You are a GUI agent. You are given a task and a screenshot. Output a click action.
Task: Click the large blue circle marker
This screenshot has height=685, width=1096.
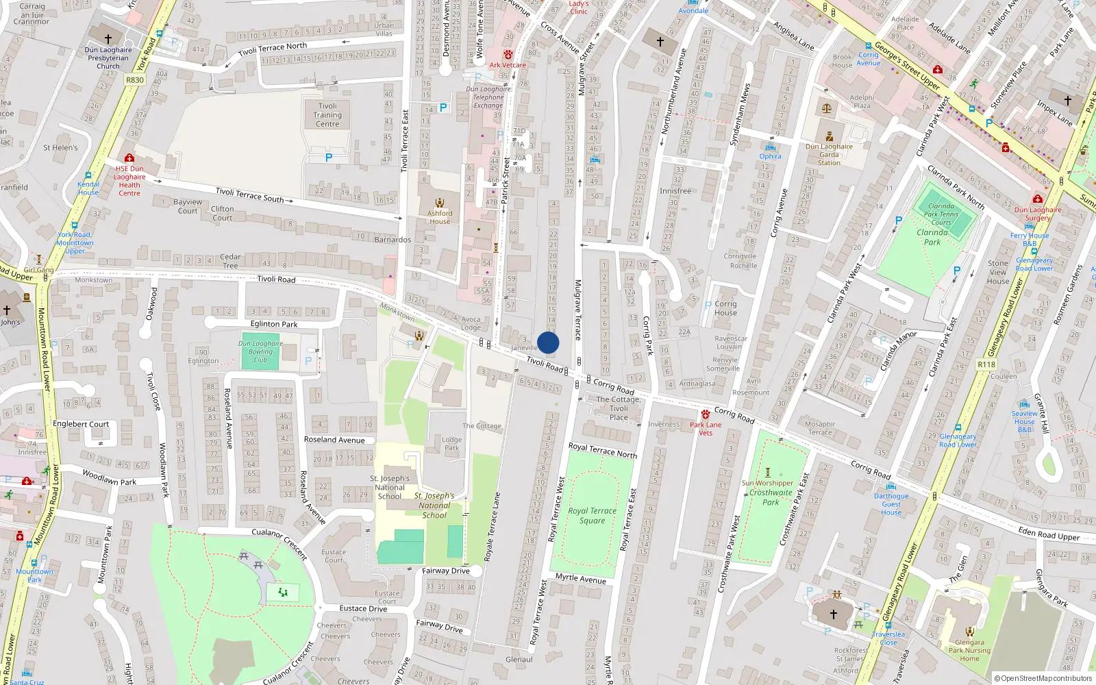click(548, 342)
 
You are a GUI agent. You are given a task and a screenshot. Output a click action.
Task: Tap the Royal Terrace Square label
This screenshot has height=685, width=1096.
click(592, 516)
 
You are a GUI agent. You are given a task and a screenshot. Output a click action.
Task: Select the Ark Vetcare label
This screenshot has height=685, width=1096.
click(508, 65)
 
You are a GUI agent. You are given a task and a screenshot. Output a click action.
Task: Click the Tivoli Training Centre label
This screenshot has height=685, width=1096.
click(327, 115)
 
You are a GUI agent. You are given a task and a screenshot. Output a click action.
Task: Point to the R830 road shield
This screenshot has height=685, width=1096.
click(135, 80)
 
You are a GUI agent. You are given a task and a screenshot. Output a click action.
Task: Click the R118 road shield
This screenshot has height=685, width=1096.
click(986, 364)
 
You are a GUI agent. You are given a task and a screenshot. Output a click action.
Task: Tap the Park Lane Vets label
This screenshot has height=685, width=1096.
click(706, 429)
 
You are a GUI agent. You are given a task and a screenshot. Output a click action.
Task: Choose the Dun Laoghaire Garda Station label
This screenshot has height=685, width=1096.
click(829, 155)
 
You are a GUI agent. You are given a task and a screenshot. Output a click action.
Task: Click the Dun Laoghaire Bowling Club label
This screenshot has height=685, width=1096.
click(260, 351)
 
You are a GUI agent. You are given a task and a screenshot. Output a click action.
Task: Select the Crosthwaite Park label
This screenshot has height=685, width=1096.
click(771, 497)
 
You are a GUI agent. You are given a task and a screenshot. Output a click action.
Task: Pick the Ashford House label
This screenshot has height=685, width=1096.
click(440, 217)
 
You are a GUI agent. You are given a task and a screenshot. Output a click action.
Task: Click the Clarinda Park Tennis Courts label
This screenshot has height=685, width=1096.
click(941, 214)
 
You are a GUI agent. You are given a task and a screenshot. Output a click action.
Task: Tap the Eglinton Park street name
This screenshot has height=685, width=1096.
click(274, 324)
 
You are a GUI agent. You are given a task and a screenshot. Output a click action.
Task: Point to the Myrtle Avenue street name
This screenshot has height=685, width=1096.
click(581, 579)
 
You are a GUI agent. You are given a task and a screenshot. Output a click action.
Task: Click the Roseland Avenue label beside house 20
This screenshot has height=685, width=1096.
click(334, 440)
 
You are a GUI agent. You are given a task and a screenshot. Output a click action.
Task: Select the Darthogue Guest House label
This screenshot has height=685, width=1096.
click(891, 504)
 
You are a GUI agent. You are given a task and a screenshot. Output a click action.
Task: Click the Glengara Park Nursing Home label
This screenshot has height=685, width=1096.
click(969, 651)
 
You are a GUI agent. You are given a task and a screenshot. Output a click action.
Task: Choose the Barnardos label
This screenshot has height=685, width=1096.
click(393, 240)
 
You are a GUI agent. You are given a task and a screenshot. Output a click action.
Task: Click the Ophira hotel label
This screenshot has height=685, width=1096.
click(770, 156)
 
